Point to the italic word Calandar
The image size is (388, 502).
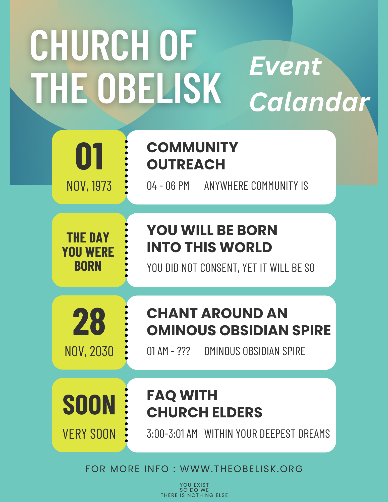(309, 102)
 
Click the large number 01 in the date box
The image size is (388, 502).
(89, 156)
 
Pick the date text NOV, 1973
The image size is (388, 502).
(89, 186)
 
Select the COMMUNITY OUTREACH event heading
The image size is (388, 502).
(192, 156)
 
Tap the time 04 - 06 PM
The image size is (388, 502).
(168, 186)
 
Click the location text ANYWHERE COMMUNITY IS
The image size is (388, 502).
(256, 186)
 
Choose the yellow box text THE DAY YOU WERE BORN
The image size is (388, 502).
(88, 252)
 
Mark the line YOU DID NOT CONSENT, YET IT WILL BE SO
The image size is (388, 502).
(231, 268)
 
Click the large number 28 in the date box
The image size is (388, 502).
(89, 322)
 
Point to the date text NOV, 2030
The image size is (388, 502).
(89, 351)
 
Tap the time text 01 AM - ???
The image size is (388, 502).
(168, 351)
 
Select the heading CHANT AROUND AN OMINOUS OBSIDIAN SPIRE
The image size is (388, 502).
(239, 322)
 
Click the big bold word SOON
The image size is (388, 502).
(89, 405)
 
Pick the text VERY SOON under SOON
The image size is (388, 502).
(89, 434)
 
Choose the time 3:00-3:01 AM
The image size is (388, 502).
(172, 434)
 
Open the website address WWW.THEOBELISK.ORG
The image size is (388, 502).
(242, 469)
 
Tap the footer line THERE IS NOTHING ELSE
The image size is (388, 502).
(194, 495)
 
